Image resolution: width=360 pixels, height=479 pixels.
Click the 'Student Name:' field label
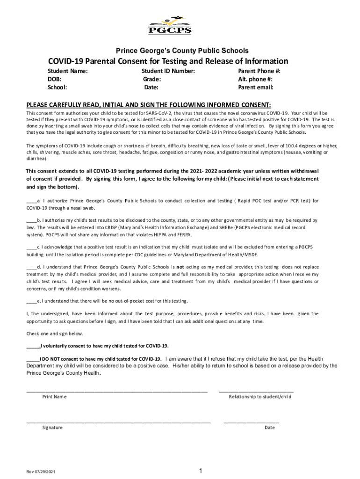coord(68,72)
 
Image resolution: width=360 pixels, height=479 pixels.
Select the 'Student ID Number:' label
coord(168,72)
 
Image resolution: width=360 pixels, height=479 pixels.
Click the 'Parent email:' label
coord(256,87)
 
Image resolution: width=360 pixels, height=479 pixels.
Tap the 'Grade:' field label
coord(152,80)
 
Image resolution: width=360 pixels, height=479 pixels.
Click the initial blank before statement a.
coord(31,201)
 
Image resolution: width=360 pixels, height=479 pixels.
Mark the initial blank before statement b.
coord(31,220)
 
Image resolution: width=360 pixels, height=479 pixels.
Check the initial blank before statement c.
coord(31,247)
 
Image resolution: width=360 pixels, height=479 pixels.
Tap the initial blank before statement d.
coord(31,267)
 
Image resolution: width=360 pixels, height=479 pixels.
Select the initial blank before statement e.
coord(31,301)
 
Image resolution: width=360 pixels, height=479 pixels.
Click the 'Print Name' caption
coord(54,397)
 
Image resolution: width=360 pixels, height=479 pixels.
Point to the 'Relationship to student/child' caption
coord(260,397)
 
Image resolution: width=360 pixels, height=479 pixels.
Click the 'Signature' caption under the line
coord(52,428)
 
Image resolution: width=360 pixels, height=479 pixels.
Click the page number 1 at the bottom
coord(200,471)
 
